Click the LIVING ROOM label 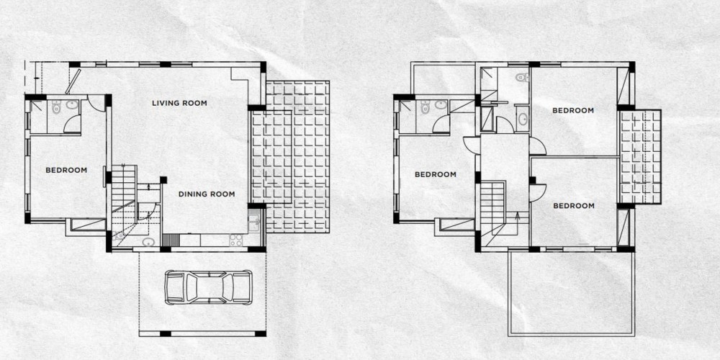[x=179, y=103]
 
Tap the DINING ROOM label [x=207, y=194]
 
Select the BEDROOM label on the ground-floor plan [x=66, y=171]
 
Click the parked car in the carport [x=208, y=287]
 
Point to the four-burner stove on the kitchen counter [x=235, y=240]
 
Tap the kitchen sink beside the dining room [x=254, y=222]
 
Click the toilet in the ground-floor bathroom [x=56, y=107]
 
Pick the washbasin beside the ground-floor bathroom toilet [x=72, y=104]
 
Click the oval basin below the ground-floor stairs [x=148, y=241]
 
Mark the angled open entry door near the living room [x=73, y=82]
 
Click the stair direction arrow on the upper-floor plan [x=518, y=217]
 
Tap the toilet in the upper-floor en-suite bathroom [x=426, y=107]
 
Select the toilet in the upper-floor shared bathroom [x=522, y=77]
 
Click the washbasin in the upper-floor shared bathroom [x=523, y=120]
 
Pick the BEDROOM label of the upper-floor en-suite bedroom [x=436, y=174]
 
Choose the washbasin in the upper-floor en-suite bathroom [x=441, y=104]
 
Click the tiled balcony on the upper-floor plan [x=640, y=156]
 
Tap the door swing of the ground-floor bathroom [x=73, y=125]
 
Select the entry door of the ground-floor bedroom [x=96, y=103]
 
